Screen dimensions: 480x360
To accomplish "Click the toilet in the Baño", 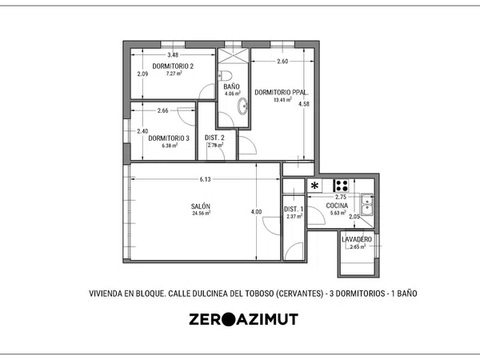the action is [x=226, y=75].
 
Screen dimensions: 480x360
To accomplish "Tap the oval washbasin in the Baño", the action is [x=242, y=106].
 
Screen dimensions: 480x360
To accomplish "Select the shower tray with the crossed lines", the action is [x=234, y=56].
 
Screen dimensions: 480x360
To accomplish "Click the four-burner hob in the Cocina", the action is [x=341, y=186].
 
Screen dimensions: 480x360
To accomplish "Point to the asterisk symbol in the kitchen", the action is [x=314, y=186].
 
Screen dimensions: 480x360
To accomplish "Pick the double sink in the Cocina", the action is [x=366, y=205].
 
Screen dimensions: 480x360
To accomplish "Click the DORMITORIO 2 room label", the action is [x=173, y=66].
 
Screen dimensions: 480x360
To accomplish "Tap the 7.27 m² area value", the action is [x=174, y=74].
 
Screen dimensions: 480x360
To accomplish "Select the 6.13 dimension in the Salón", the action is [x=205, y=179].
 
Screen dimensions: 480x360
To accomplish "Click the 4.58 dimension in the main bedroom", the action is [x=304, y=104].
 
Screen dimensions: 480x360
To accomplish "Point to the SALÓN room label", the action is [x=201, y=206].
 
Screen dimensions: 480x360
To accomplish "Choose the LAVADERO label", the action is [x=357, y=239].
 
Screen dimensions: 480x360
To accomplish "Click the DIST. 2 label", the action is [x=214, y=138].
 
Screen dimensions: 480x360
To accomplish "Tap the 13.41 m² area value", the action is [x=282, y=99].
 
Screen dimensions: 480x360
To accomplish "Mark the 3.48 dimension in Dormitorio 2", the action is [x=173, y=55].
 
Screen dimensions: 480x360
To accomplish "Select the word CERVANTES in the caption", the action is [x=300, y=294].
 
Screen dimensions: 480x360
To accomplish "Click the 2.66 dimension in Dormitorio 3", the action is [x=163, y=110].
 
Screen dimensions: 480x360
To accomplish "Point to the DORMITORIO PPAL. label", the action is [x=282, y=93].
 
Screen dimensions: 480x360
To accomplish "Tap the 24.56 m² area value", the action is [x=201, y=214].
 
